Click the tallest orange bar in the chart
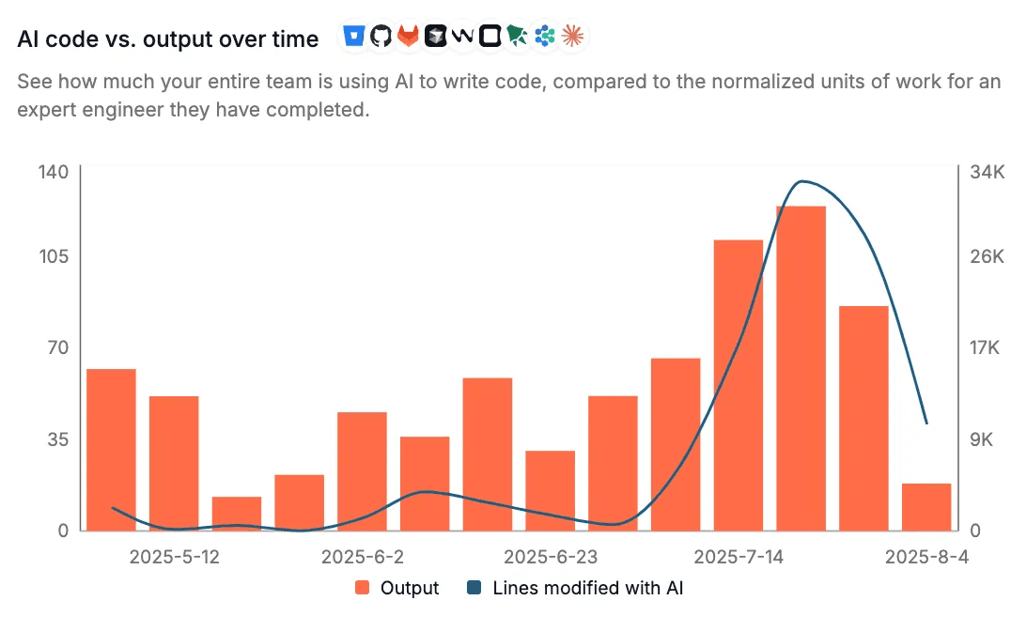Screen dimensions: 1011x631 [x=801, y=368]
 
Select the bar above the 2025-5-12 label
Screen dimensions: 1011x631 [x=174, y=463]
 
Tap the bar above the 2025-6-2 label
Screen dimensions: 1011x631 [x=363, y=471]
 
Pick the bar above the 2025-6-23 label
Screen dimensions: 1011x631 [x=550, y=490]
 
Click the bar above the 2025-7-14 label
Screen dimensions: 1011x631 [x=739, y=385]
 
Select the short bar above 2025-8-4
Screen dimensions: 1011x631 [x=926, y=507]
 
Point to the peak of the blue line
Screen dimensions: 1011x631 [x=801, y=181]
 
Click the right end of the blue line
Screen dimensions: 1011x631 [x=927, y=423]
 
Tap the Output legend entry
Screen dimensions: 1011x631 [x=397, y=588]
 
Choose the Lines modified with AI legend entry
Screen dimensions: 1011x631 [x=575, y=588]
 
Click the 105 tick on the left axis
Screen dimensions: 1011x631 [x=54, y=256]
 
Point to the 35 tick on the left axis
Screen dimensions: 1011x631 [x=58, y=439]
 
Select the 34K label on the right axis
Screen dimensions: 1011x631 [x=988, y=172]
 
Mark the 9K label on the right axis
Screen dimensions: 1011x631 [x=981, y=439]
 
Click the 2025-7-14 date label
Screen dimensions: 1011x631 [x=739, y=557]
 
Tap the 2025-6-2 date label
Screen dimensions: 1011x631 [x=363, y=557]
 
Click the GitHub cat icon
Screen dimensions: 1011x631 [x=381, y=36]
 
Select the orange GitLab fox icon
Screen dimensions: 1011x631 [x=408, y=36]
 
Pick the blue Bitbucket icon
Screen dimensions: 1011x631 [x=354, y=36]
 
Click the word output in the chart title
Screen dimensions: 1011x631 [x=178, y=39]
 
